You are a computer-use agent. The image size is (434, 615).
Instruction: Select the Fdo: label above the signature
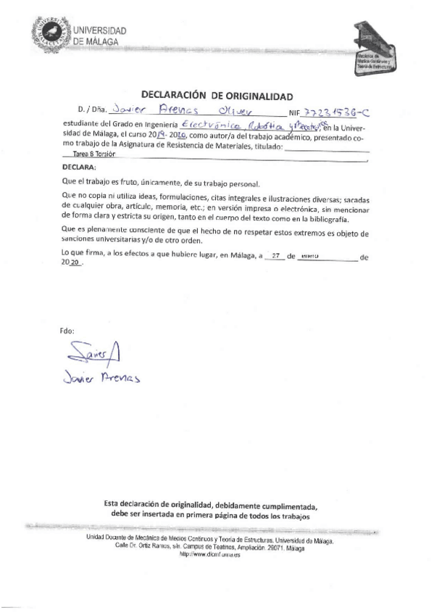click(68, 331)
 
